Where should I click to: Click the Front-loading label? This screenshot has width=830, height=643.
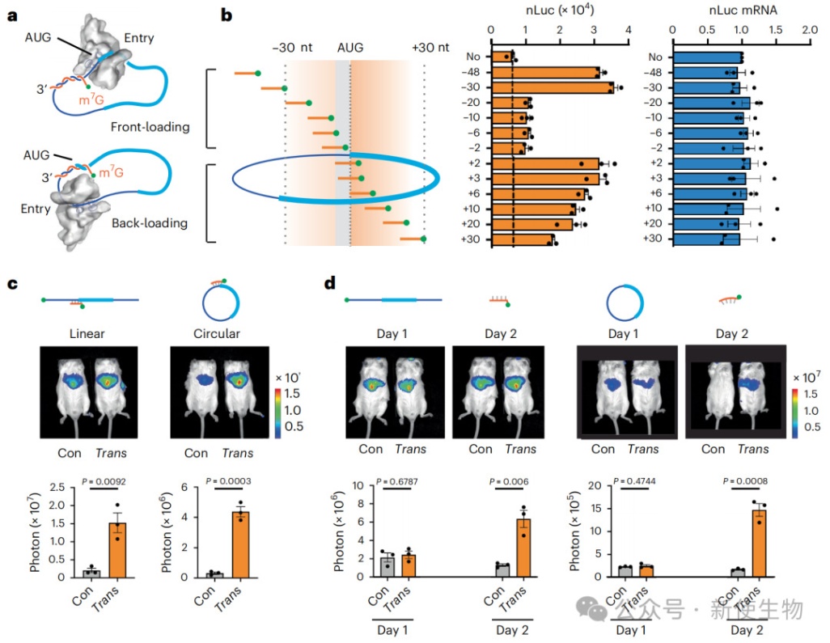tap(151, 127)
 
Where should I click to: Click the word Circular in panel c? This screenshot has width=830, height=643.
tap(217, 332)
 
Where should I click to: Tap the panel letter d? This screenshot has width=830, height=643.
tap(330, 283)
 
